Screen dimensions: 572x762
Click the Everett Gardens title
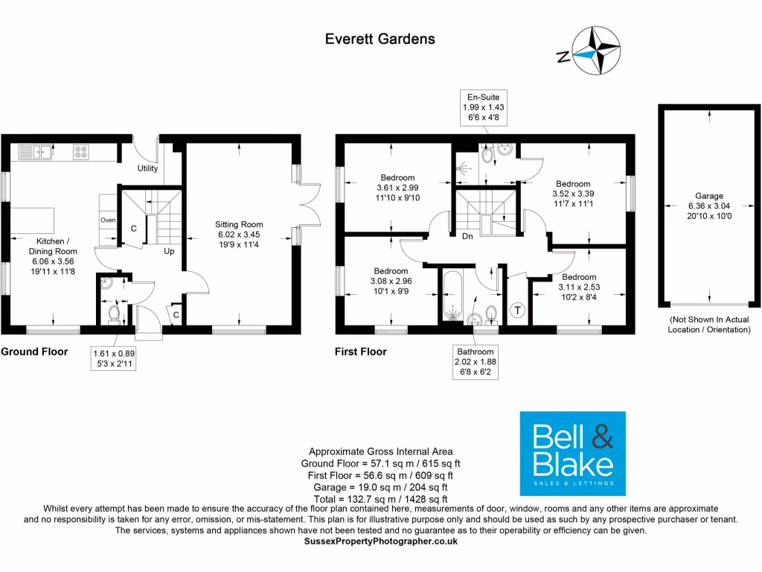(380, 39)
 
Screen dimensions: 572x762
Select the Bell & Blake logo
(571, 453)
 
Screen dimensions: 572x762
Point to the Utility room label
(147, 168)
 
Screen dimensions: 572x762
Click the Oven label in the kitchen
(107, 220)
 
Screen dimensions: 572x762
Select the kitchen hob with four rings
(81, 153)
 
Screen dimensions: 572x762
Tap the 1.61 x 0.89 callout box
(113, 359)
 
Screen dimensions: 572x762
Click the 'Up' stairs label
(170, 251)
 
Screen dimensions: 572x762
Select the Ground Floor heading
(34, 352)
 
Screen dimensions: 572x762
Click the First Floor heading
(361, 352)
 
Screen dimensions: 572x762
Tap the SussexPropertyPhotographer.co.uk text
(381, 541)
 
